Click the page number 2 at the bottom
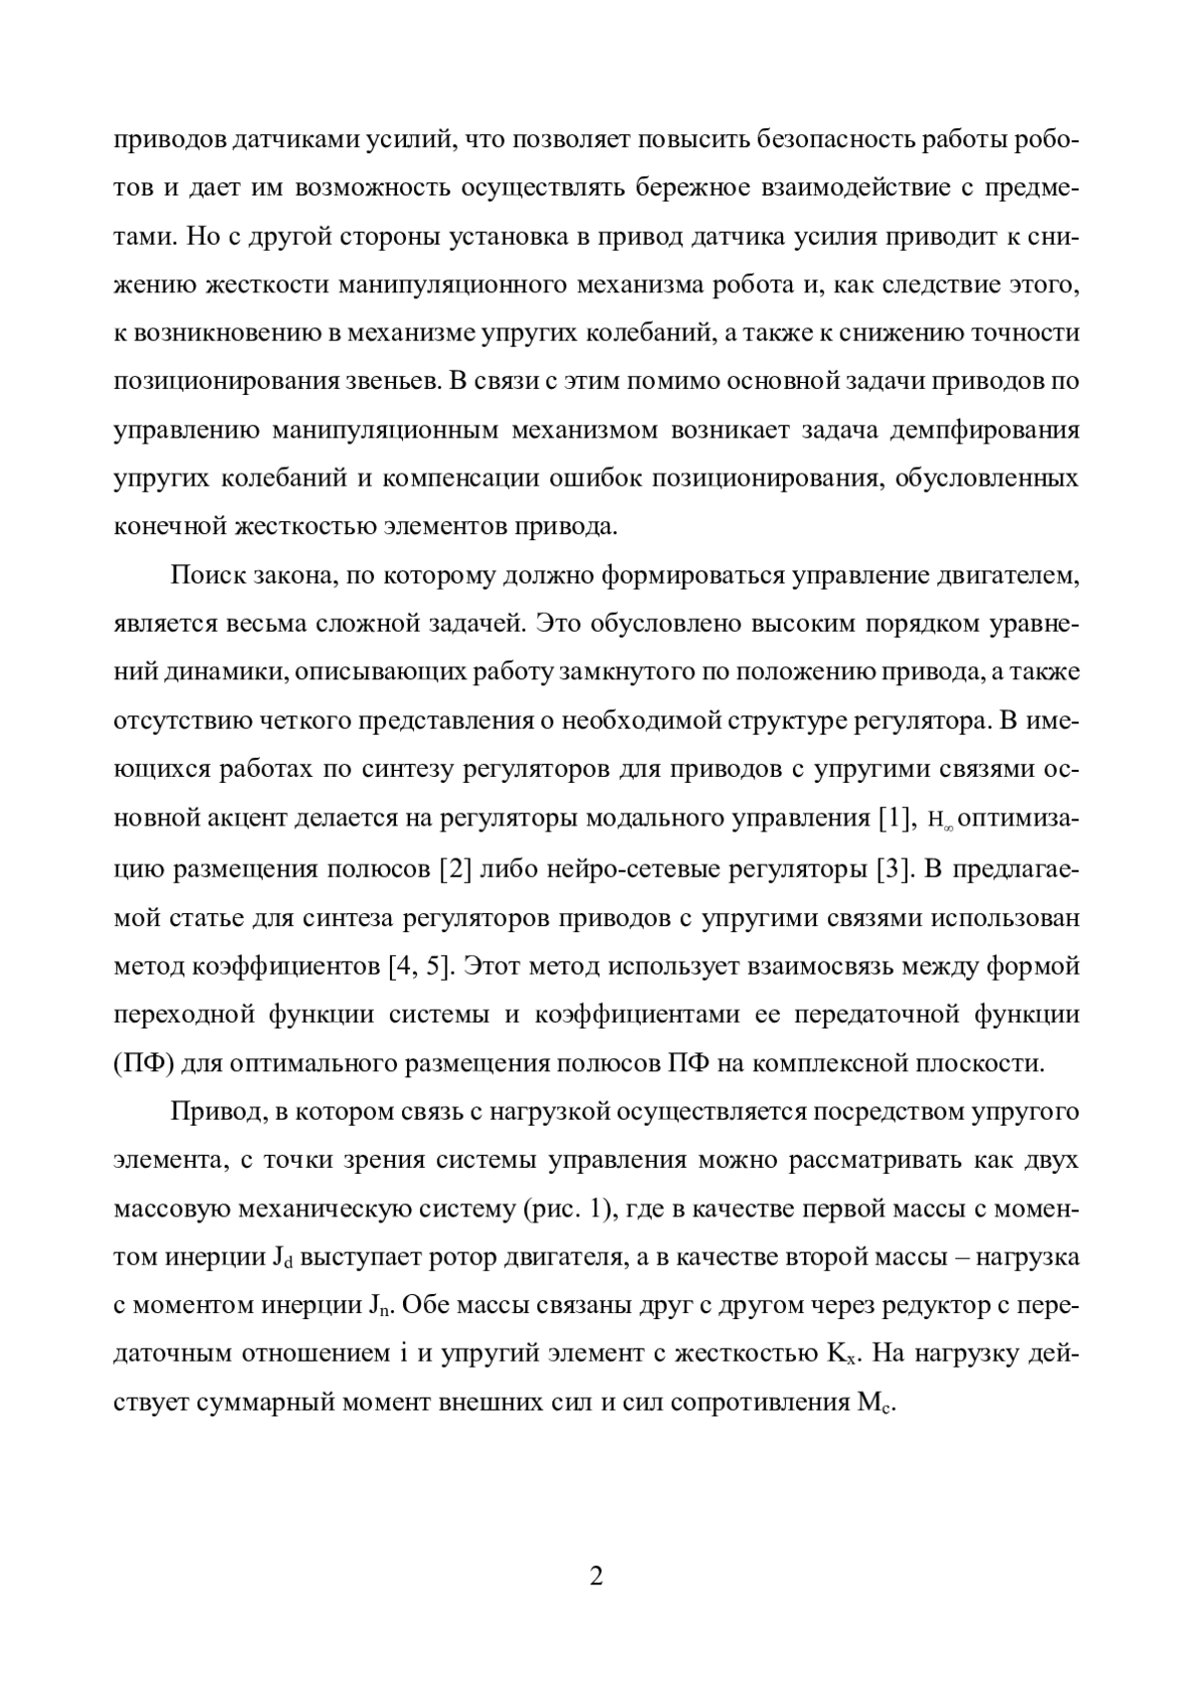[x=596, y=1576]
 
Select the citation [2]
[x=455, y=868]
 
